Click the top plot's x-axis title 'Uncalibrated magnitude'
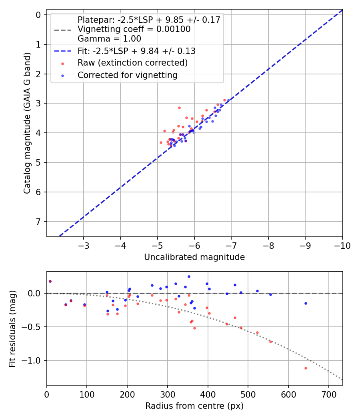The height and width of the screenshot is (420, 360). pyautogui.click(x=194, y=257)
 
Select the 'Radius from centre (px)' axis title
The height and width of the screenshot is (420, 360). pyautogui.click(x=194, y=406)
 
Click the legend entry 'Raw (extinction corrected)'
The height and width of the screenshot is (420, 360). pyautogui.click(x=132, y=63)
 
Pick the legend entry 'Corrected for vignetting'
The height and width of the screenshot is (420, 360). pyautogui.click(x=127, y=75)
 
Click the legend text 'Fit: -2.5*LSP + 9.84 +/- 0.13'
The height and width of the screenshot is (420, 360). pyautogui.click(x=136, y=51)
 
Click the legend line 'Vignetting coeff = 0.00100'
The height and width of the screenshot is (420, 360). pyautogui.click(x=134, y=29)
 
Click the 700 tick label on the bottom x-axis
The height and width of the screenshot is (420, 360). pyautogui.click(x=328, y=394)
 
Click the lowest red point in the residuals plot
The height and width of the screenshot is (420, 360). pyautogui.click(x=306, y=368)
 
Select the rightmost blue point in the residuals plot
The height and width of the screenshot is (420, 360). pyautogui.click(x=306, y=303)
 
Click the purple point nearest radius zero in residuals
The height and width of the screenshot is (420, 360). pyautogui.click(x=50, y=281)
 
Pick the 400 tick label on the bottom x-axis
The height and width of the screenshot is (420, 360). pyautogui.click(x=208, y=394)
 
